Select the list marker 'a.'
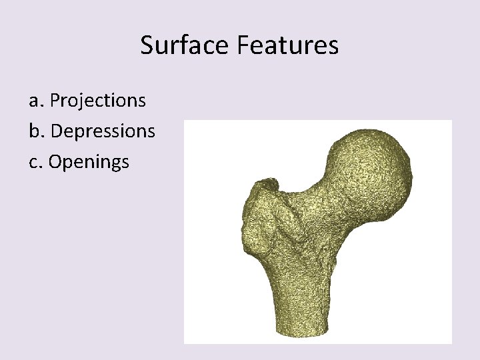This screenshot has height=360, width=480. point(37,101)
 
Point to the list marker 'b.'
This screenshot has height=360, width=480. point(37,131)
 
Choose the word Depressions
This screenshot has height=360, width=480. point(103,131)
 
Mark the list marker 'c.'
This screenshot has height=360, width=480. point(37,161)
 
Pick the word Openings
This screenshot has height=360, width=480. point(89,162)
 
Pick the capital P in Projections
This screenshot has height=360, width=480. point(55,101)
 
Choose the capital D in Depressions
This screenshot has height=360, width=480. point(56,131)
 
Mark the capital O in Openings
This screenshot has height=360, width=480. point(56,161)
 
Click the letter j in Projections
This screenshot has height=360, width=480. point(82,102)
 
